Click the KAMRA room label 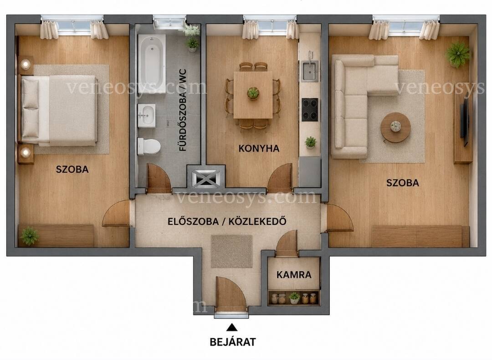pos(294,275)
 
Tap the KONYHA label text pos(259,148)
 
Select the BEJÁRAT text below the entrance pos(232,341)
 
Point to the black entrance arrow pos(232,327)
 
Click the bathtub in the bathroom pos(152,64)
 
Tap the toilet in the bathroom pos(149,147)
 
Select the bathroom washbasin pos(147,116)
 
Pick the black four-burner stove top pos(310,110)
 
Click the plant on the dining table pos(253,93)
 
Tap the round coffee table pos(396,127)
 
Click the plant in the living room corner pos(458,54)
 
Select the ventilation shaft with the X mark pos(206,179)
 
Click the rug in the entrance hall pos(231,252)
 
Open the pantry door pos(287,244)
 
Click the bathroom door pos(159,178)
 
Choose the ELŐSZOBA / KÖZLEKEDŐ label pos(227,221)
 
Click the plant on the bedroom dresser pos(29,236)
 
